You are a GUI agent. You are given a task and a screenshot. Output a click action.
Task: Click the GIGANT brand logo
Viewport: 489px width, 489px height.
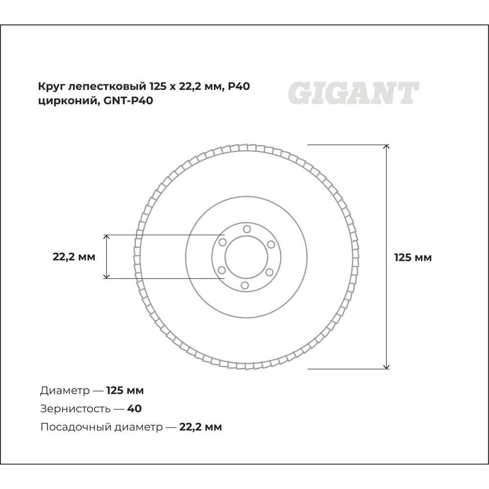[354, 93]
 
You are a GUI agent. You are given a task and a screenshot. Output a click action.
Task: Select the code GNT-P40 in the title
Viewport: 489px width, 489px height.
[128, 101]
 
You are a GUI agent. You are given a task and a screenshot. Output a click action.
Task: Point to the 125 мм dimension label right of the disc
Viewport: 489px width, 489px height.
[413, 258]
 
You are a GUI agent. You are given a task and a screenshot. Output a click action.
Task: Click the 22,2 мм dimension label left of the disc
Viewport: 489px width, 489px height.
[74, 257]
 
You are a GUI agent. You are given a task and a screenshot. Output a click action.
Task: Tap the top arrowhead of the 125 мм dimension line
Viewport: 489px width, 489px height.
[386, 147]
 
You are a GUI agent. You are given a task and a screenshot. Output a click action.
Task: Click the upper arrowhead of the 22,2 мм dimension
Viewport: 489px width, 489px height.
[107, 237]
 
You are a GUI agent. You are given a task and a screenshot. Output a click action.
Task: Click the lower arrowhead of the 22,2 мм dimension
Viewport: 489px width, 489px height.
[107, 276]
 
